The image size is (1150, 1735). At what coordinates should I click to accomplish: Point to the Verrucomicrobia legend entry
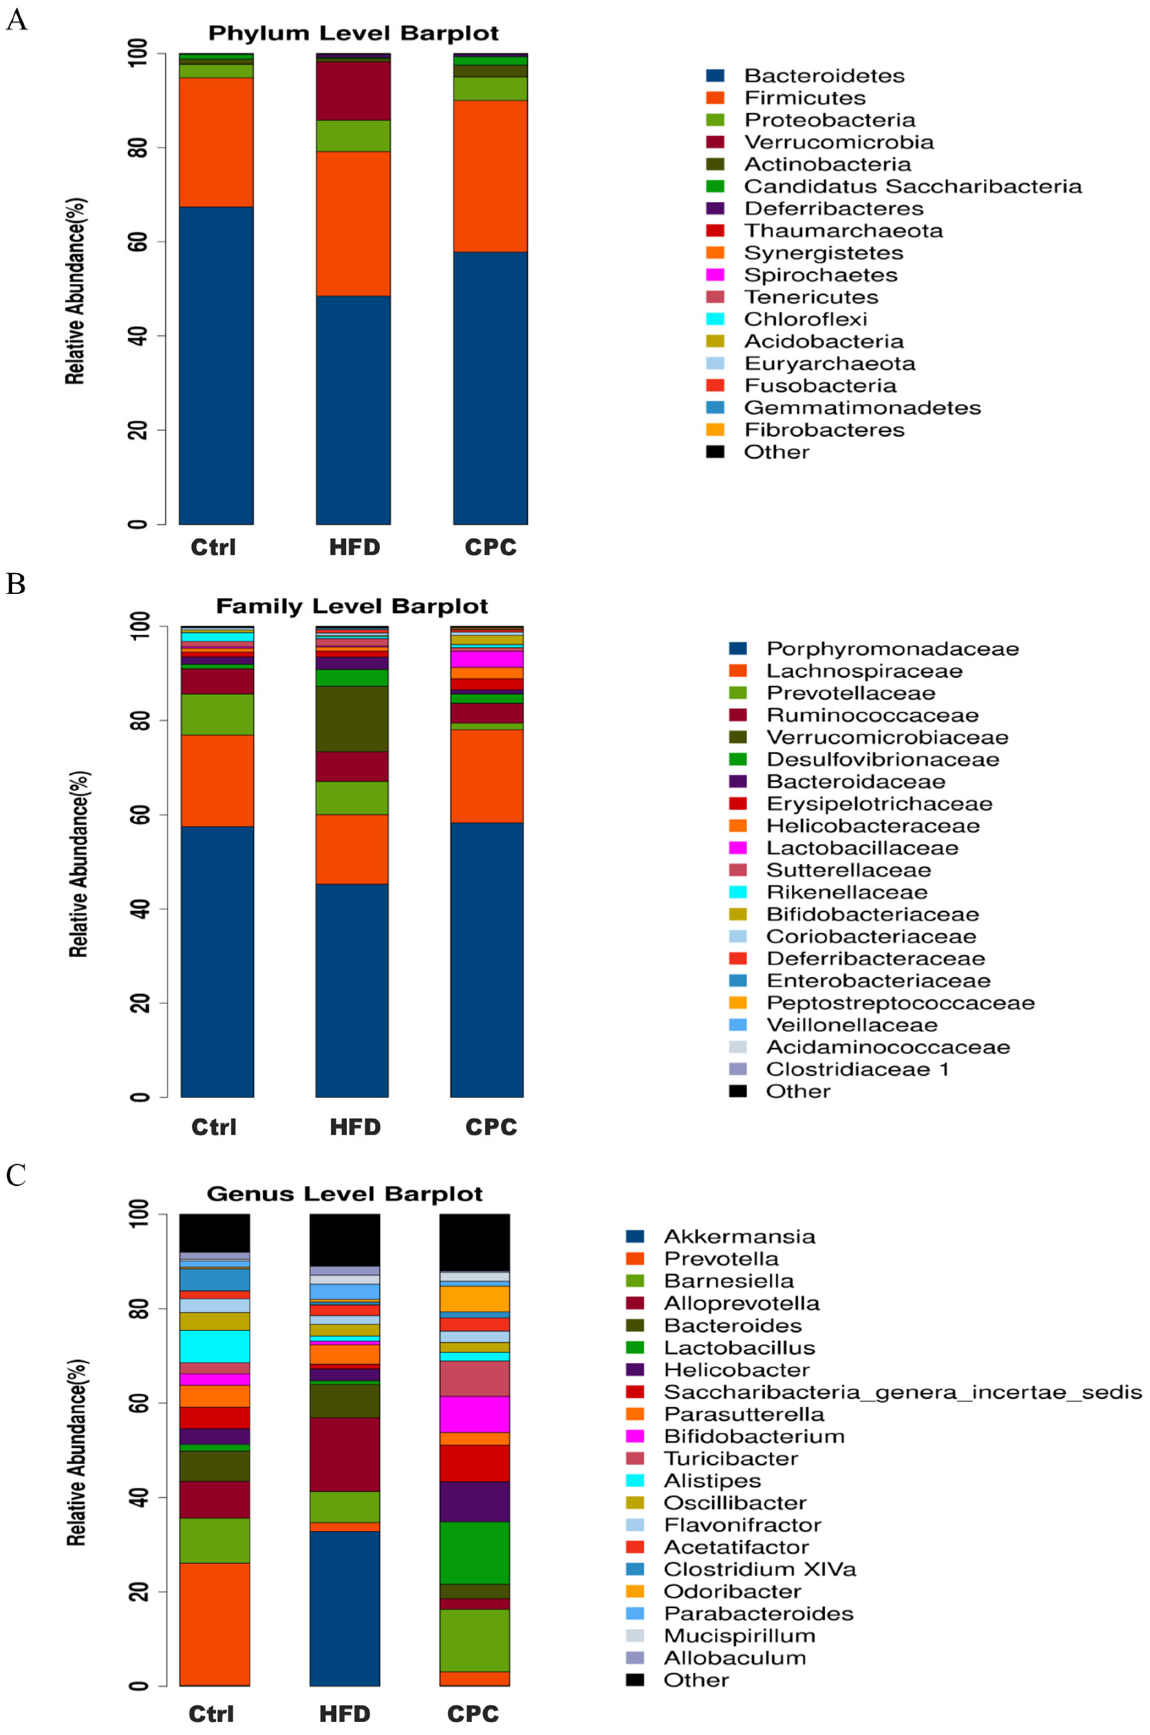[838, 142]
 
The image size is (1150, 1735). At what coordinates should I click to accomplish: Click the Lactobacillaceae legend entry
[862, 848]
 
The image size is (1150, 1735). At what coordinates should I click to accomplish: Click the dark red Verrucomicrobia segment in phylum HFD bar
[353, 91]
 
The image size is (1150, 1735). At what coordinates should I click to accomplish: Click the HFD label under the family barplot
[354, 1127]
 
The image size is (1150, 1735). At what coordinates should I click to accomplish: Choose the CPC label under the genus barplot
[473, 1714]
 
